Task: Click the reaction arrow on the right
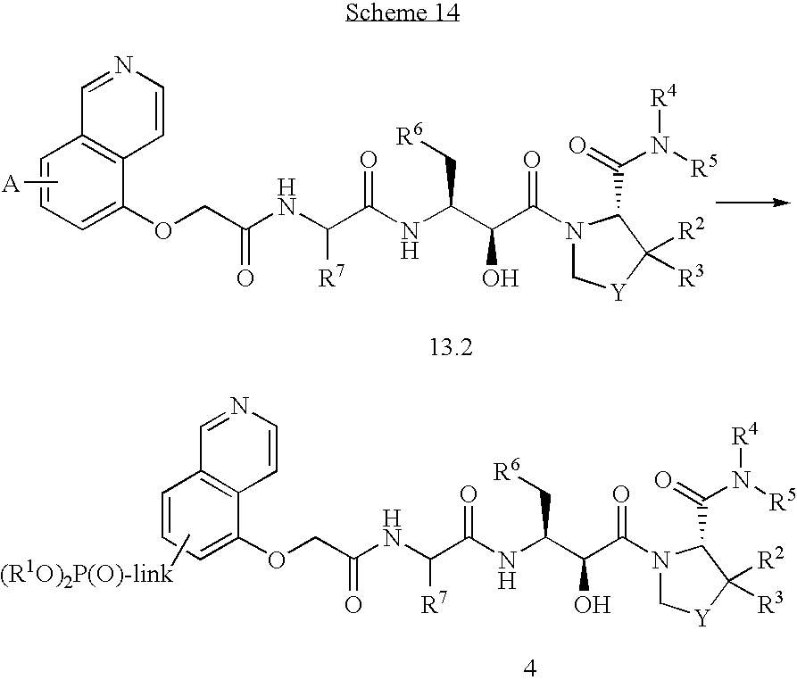755,204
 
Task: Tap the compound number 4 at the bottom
531,666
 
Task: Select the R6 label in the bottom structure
510,470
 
